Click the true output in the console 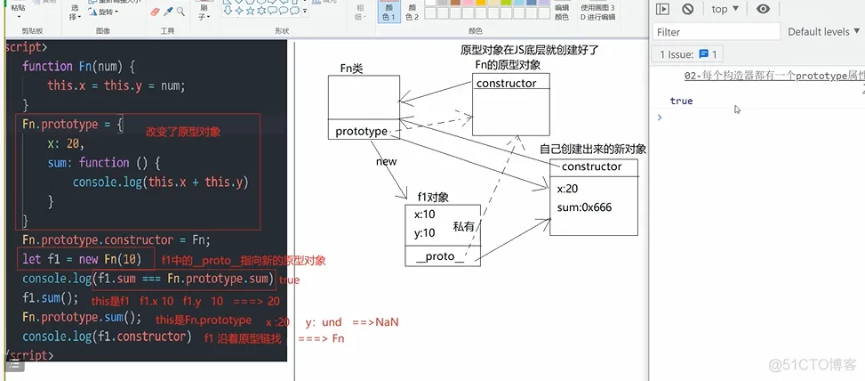coord(682,101)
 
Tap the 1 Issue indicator coord(689,54)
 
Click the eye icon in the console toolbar coord(763,9)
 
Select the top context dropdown coord(725,9)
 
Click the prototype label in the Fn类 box coord(361,132)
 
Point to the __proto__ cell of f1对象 coord(439,256)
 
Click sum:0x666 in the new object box coord(584,208)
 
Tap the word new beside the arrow coord(386,162)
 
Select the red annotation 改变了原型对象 coord(183,132)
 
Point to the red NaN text coord(387,321)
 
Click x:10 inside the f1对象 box coord(424,215)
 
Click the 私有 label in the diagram coord(464,227)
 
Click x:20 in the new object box coord(568,189)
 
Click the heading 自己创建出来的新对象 coord(592,149)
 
